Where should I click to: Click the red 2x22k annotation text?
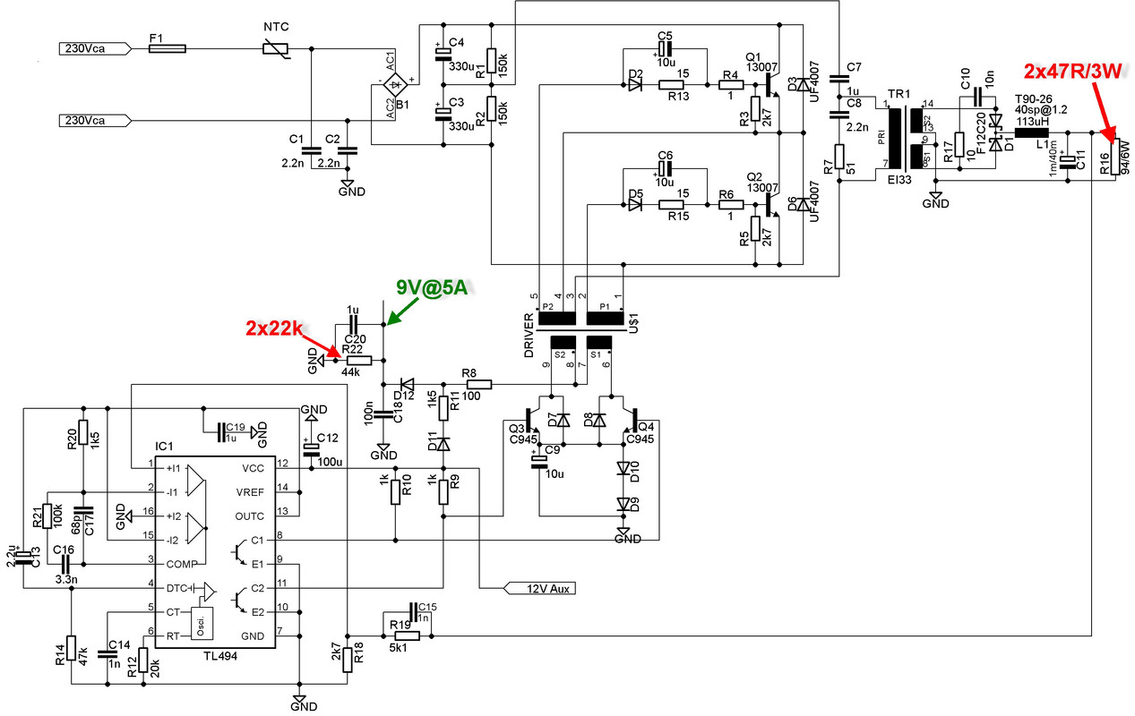(x=273, y=328)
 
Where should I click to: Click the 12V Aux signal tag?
(x=537, y=588)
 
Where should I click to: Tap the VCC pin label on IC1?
(x=254, y=467)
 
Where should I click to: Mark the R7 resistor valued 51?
(x=839, y=157)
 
